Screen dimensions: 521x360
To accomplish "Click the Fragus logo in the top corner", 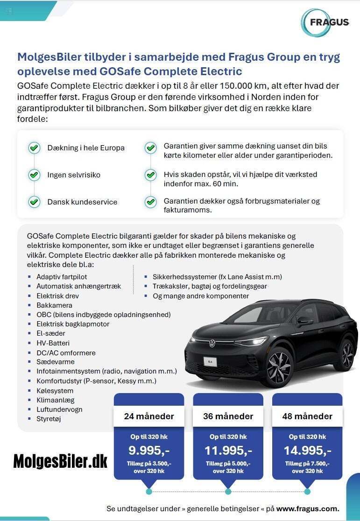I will tap(325, 22).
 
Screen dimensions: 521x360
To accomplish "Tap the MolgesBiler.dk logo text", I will tap(60, 461).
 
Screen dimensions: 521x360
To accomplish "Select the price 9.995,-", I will tap(149, 451).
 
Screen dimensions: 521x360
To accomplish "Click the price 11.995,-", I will tap(228, 451).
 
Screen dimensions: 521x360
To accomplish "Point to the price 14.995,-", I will tap(307, 451).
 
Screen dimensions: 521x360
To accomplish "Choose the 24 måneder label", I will tap(149, 416).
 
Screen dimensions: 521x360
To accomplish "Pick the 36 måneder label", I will tap(228, 416).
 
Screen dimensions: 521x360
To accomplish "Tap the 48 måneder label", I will tap(307, 416).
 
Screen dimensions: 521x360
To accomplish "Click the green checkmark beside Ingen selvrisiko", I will tap(34, 175).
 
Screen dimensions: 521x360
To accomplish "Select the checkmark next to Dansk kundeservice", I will tap(34, 202).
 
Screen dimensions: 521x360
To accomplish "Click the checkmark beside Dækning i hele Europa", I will tap(34, 148).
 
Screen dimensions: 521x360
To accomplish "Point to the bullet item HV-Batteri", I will tap(53, 343).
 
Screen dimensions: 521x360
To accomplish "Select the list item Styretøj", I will tap(49, 419).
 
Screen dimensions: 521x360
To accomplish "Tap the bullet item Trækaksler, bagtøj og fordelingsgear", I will tap(210, 286).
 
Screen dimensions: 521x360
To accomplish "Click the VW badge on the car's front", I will tap(212, 343).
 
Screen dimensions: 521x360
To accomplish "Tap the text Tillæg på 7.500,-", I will tap(307, 464).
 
